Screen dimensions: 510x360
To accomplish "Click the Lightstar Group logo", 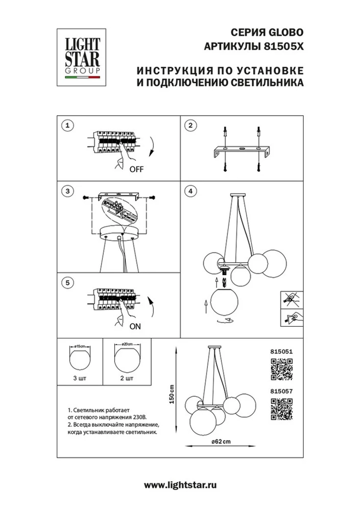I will click(81, 58).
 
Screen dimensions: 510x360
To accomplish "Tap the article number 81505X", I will click(284, 46).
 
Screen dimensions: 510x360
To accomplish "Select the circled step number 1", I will click(67, 126).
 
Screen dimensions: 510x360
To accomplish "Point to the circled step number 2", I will click(190, 126).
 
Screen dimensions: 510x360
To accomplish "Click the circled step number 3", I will click(67, 191).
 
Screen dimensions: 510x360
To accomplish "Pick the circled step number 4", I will click(190, 191).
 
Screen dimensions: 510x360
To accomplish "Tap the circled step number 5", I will click(67, 283).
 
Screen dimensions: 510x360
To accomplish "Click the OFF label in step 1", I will click(136, 169).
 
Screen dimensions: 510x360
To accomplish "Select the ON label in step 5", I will click(135, 326).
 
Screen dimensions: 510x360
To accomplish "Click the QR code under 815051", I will click(282, 370).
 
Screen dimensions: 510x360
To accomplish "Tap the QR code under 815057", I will click(282, 409).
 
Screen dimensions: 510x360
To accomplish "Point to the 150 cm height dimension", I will click(172, 394).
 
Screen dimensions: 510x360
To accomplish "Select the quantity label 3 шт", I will click(80, 378).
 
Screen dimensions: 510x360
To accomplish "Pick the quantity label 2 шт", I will click(127, 378).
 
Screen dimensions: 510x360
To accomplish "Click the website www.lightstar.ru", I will click(180, 485).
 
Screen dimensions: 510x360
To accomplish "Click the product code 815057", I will click(281, 391).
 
